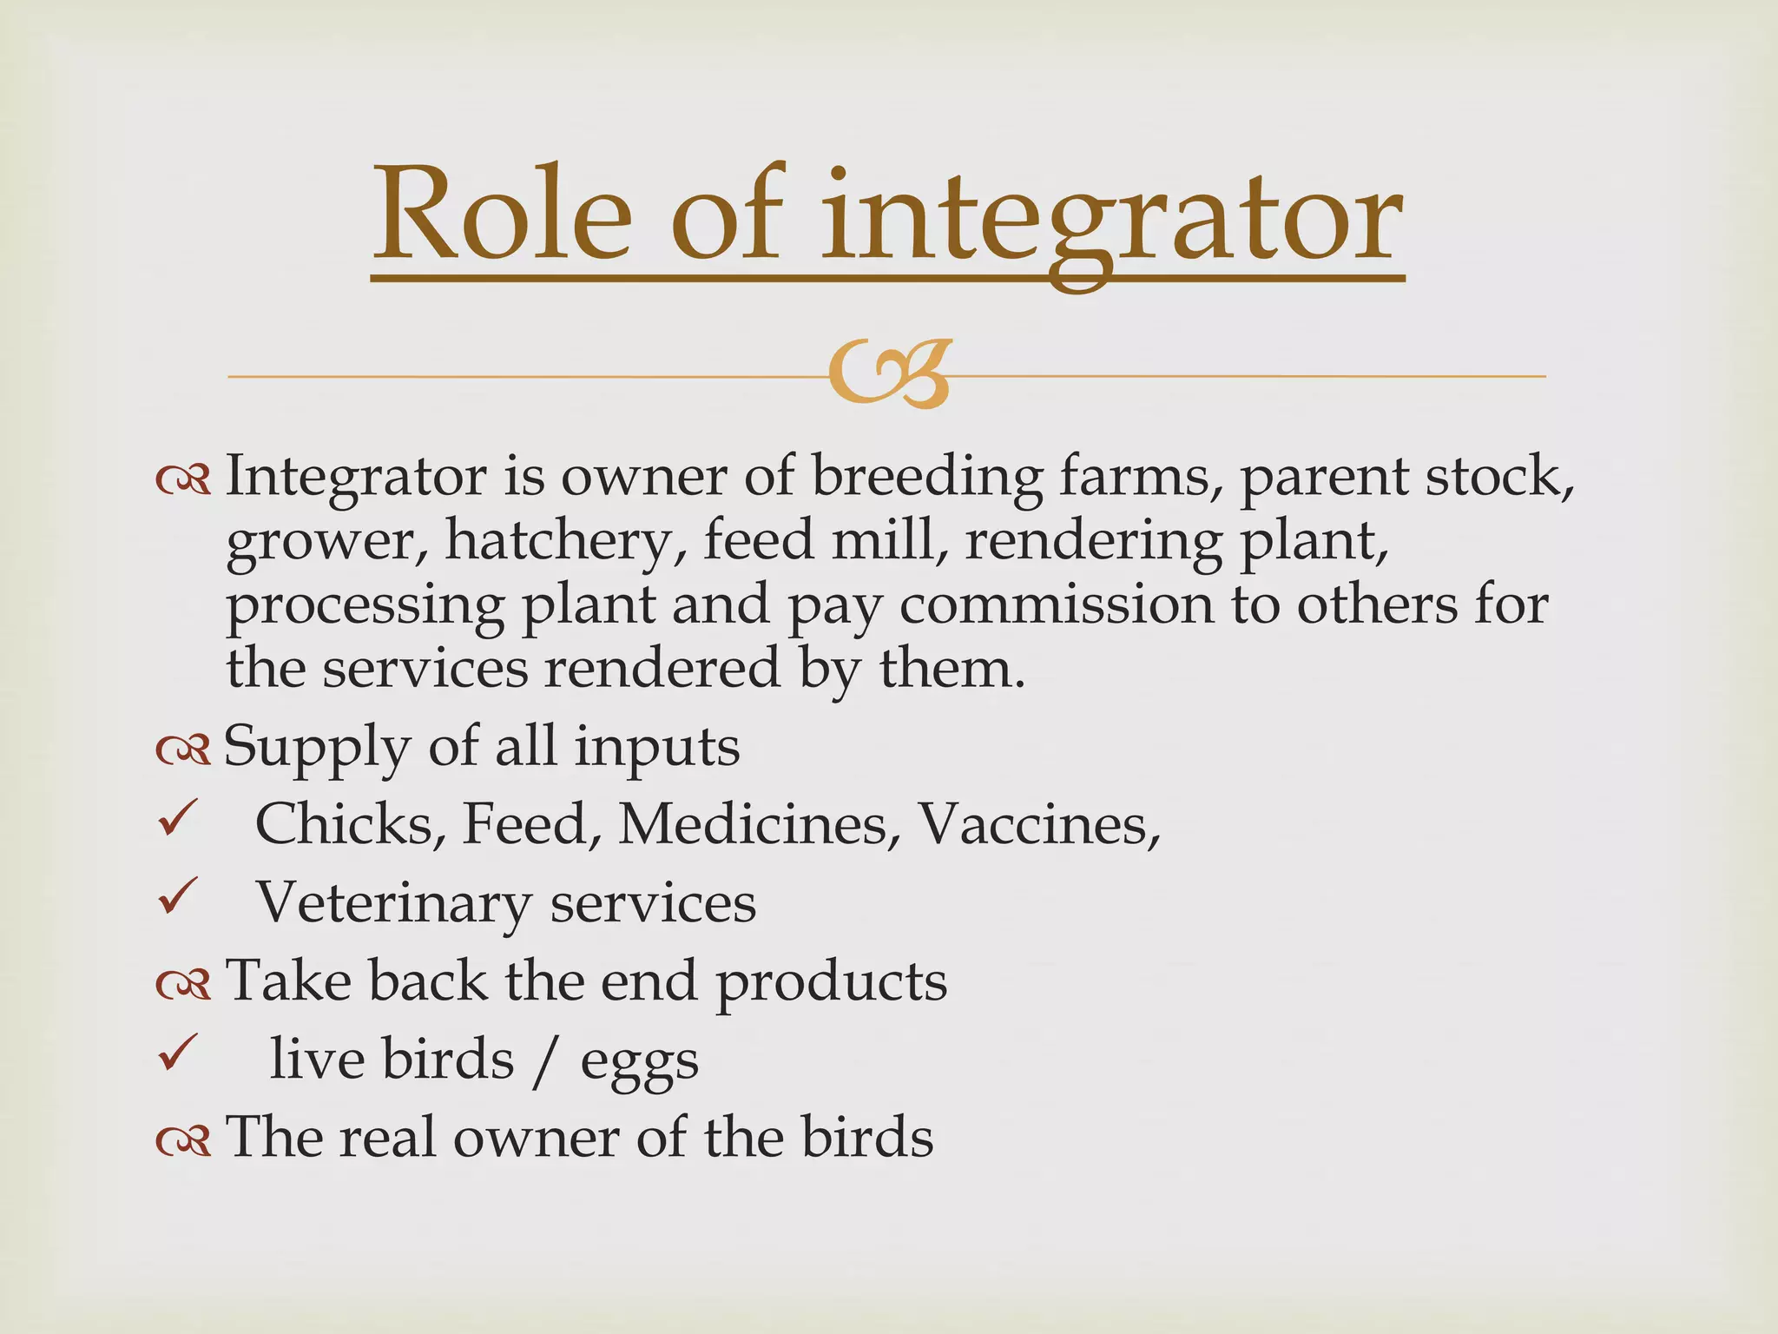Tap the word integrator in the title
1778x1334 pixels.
point(1111,219)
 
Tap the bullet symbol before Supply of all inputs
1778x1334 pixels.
point(183,749)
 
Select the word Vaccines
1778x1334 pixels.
point(1038,823)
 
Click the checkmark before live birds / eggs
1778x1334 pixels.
point(179,1053)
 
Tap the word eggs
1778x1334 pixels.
point(639,1063)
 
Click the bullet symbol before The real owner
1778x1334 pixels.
point(183,1139)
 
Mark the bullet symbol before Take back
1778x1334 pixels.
point(183,983)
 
